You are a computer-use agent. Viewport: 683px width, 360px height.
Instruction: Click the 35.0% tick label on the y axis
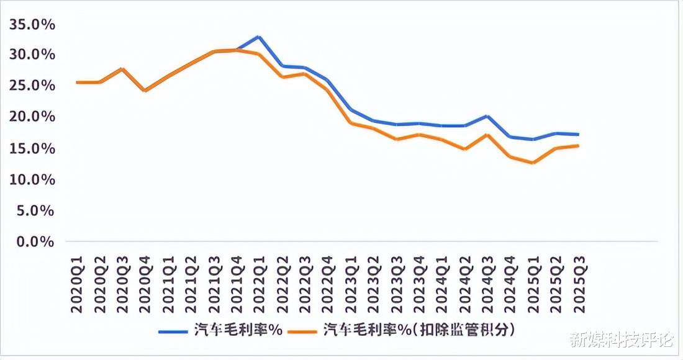32,25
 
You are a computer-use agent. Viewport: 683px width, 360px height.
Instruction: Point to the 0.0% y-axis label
35,241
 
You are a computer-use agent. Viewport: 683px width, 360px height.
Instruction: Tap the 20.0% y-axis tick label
32,117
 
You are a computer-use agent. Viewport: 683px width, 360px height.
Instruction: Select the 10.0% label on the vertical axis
32,179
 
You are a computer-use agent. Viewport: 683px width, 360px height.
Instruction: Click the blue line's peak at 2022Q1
259,37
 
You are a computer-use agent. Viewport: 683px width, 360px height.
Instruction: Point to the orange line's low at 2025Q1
533,163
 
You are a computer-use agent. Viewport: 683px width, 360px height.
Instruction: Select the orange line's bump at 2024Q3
487,135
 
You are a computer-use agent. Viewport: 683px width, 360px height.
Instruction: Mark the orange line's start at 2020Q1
77,82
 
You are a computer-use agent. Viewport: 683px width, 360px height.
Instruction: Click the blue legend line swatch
173,331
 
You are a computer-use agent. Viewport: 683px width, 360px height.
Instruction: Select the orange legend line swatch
305,331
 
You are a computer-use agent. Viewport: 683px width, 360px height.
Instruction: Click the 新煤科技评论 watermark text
622,340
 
